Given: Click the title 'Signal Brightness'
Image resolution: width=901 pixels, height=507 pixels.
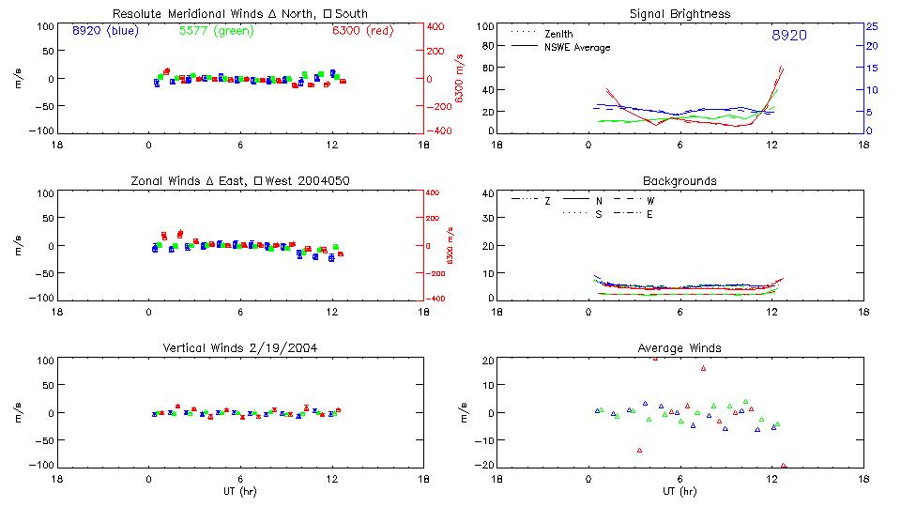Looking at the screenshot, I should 680,14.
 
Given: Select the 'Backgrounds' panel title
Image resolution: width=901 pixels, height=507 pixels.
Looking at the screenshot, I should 680,180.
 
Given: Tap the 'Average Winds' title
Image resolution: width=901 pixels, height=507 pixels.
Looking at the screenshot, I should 680,348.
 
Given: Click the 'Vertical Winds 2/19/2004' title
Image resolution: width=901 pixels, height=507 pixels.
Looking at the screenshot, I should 240,348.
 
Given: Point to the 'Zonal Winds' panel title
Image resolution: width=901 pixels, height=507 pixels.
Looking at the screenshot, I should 240,180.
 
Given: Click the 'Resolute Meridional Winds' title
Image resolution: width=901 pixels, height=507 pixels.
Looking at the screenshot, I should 240,14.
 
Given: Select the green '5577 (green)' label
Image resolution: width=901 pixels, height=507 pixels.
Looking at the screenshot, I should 216,31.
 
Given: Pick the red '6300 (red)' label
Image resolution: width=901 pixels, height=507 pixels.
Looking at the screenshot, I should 362,31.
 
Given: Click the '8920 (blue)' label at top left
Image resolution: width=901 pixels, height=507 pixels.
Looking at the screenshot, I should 104,31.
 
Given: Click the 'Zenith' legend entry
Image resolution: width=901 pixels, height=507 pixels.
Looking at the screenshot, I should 558,34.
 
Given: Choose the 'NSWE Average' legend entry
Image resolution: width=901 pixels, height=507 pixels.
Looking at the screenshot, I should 575,47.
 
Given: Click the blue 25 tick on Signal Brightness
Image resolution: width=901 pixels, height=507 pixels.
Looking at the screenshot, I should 871,26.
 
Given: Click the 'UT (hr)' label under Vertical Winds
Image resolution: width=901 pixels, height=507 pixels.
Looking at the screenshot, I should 240,492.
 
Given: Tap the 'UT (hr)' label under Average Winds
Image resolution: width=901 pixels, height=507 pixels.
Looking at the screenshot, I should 680,492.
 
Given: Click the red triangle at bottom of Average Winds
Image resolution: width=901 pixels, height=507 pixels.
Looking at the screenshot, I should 783,466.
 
